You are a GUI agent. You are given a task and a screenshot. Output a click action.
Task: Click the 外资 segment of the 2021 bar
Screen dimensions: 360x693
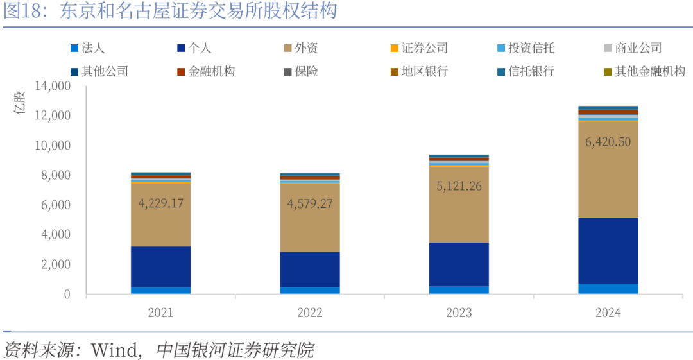[x=160, y=225]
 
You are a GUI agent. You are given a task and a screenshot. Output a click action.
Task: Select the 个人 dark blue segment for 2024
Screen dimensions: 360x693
[x=608, y=250]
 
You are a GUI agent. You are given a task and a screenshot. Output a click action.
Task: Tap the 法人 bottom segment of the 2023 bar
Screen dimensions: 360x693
[x=459, y=290]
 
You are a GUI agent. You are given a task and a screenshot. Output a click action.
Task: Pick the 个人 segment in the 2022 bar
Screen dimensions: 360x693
[x=310, y=269]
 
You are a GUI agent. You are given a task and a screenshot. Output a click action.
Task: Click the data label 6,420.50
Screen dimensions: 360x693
[x=608, y=142]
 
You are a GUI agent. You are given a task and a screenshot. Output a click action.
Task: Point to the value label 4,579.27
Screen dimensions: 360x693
[x=310, y=204]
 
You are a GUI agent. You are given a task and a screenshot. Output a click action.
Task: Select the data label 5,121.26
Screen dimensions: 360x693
[x=459, y=186]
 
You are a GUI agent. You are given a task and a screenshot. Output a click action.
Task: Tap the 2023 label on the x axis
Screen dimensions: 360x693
[x=459, y=313]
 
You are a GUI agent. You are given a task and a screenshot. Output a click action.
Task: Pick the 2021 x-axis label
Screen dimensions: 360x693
[x=160, y=313]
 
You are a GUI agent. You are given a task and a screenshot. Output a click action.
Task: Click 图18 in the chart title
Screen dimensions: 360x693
[x=22, y=11]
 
